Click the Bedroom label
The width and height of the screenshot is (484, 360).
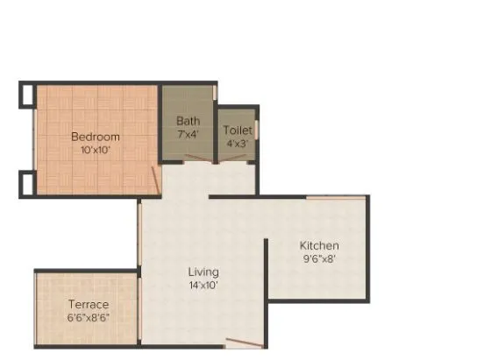pos(96,137)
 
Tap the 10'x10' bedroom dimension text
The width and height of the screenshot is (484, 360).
pos(96,150)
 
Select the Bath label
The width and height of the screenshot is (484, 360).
pos(188,121)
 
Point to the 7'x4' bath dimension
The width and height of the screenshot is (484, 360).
pos(188,134)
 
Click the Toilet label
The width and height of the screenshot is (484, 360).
pos(237,131)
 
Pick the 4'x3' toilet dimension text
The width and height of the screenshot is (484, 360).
pos(237,143)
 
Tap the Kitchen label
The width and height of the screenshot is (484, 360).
pos(319,245)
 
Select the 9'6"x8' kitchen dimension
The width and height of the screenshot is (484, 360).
pos(319,258)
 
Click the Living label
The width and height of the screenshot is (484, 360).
pos(203,272)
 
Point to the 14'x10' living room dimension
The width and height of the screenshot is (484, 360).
pos(203,285)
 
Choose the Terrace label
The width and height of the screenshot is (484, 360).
pos(89,304)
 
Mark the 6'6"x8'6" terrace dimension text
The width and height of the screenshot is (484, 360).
pos(89,317)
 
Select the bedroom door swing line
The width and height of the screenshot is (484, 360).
pos(155,183)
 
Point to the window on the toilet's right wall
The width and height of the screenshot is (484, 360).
pos(256,130)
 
